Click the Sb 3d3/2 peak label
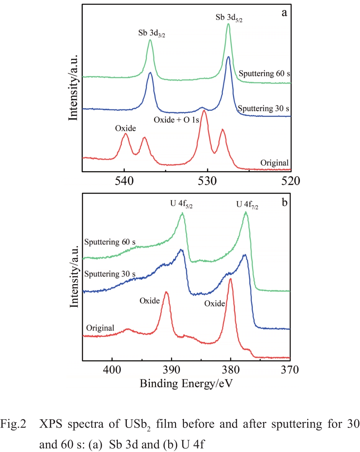point(152,33)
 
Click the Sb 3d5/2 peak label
point(229,18)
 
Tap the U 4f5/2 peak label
point(181,204)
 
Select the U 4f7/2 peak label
point(247,205)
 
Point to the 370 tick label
point(290,369)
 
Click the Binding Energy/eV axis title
point(186,384)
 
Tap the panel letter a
point(284,13)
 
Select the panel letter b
point(284,202)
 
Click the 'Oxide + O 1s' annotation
point(176,120)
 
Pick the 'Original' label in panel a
point(274,163)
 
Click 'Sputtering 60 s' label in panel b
point(110,242)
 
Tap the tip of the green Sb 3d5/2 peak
point(228,24)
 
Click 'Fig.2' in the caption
point(13,424)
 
